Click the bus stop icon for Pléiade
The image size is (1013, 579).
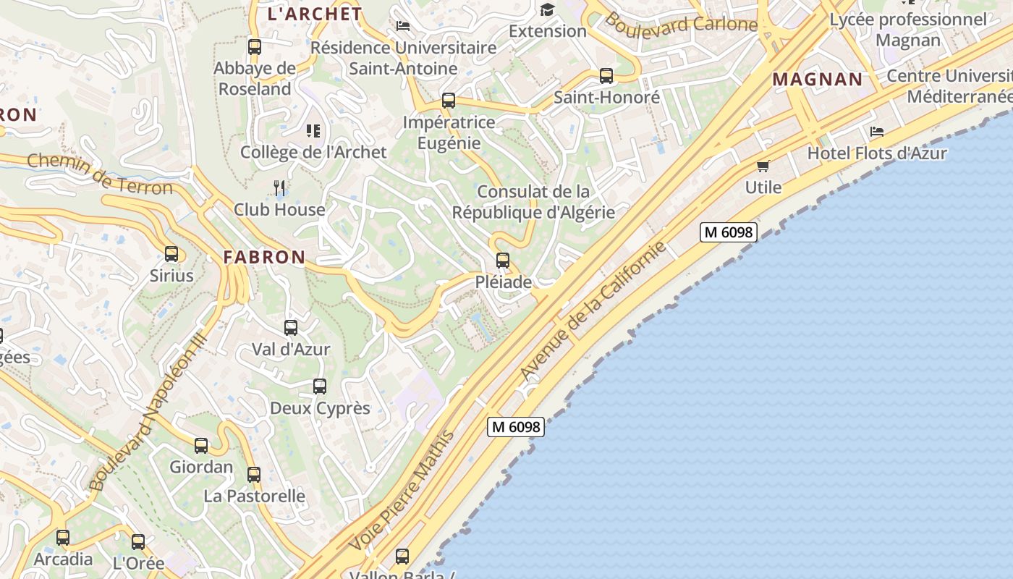[x=503, y=261]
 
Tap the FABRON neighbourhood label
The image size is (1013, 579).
[x=264, y=257]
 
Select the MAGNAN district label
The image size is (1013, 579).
[x=818, y=80]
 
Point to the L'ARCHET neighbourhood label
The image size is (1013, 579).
[x=315, y=14]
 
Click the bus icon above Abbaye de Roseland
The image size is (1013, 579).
[x=255, y=47]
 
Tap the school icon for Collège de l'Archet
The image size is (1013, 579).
[x=313, y=131]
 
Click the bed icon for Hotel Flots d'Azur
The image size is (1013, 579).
[x=877, y=132]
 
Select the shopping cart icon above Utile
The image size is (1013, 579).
[x=763, y=166]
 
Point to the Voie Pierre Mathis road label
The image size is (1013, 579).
[x=402, y=490]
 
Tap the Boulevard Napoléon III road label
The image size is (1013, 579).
[x=147, y=413]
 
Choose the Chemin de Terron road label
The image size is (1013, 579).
[x=100, y=174]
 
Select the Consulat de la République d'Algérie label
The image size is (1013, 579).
[x=533, y=202]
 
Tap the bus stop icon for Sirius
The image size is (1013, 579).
[x=171, y=254]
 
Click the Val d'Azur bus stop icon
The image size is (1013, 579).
[x=291, y=328]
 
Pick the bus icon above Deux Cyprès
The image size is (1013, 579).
[x=320, y=386]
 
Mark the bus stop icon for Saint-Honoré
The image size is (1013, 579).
[x=606, y=75]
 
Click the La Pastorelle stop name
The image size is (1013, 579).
[x=254, y=496]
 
